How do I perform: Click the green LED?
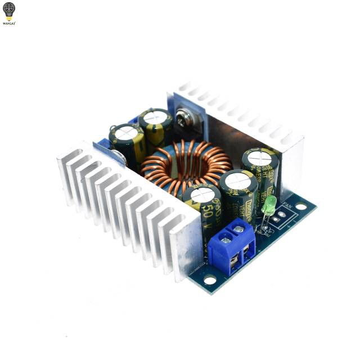tap(269, 204)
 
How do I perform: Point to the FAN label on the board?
tap(290, 206)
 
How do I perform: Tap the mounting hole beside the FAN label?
tap(302, 206)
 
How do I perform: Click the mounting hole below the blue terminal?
tap(209, 278)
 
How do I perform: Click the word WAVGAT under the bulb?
tap(9, 24)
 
